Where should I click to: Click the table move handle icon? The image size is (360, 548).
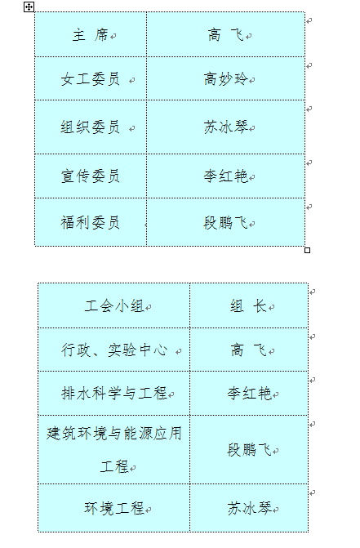click(29, 7)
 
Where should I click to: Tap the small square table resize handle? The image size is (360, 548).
click(307, 250)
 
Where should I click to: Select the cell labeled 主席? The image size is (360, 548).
click(91, 35)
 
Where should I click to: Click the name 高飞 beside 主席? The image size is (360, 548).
click(225, 35)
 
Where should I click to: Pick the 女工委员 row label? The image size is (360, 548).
click(91, 79)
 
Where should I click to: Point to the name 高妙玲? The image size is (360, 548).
click(225, 79)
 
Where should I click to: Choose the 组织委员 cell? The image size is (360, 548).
click(91, 127)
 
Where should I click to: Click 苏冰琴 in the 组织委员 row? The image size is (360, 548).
click(225, 127)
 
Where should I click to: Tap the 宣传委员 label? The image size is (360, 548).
click(91, 176)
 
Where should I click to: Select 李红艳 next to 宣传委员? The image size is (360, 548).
click(225, 176)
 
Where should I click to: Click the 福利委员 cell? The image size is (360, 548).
click(91, 223)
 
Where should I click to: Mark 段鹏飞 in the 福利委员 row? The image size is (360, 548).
click(225, 223)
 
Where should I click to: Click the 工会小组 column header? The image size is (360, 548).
click(114, 306)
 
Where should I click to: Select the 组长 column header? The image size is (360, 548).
click(249, 306)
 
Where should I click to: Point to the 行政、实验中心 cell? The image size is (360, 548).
click(114, 350)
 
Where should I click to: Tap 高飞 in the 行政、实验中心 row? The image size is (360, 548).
click(249, 350)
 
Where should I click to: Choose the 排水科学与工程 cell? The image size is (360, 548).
click(114, 393)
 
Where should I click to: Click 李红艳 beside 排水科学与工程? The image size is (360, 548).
click(249, 393)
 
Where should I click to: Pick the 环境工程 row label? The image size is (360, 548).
click(114, 508)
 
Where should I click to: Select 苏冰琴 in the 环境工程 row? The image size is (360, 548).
click(249, 508)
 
